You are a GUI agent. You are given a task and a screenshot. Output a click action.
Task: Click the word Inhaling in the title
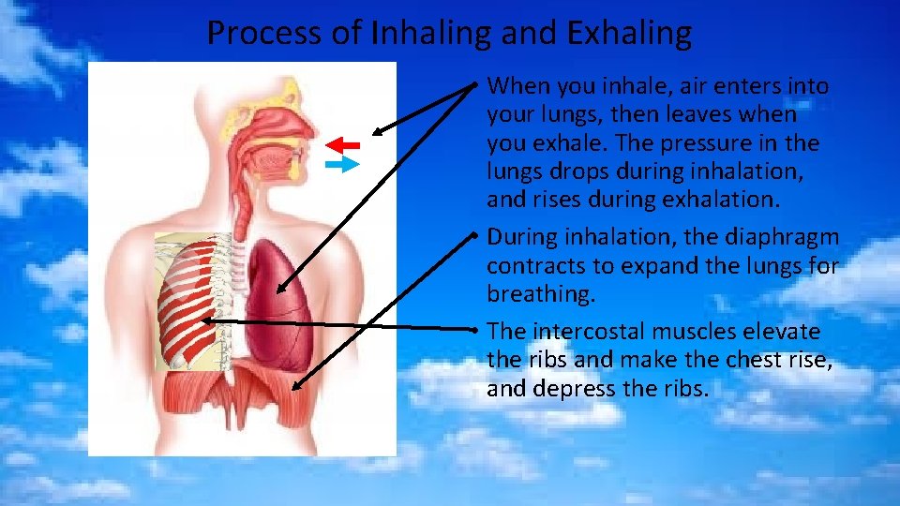point(432,34)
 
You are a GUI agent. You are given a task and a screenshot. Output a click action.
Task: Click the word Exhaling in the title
point(630,34)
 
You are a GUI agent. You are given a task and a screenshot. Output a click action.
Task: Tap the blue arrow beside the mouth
point(344,165)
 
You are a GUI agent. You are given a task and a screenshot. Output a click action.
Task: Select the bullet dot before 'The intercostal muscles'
point(477,330)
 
